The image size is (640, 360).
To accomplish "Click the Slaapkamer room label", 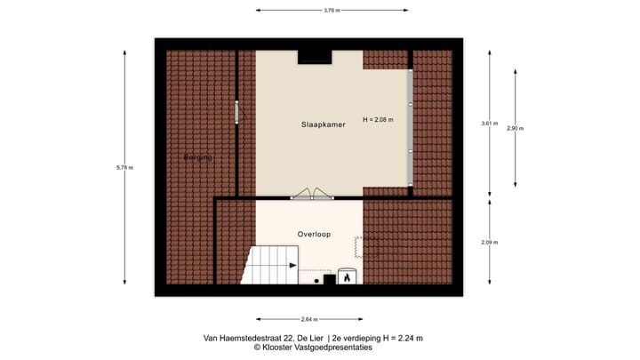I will pos(323,125).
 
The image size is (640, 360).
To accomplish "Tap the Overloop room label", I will pos(314,235).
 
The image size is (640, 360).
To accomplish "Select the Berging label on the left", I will pos(198,157).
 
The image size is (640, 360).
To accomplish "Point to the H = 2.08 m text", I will pos(378,119).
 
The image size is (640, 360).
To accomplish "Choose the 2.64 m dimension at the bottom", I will pos(308,318).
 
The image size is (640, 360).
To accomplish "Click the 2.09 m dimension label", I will pos(489,243).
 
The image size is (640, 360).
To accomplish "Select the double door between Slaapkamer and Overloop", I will pos(310,194).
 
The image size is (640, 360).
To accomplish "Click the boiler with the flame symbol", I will pos(346,277).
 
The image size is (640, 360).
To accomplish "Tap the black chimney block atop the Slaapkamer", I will pos(314,57).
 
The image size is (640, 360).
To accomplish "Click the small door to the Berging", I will pos(237,113).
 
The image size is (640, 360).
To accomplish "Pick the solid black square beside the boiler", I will pos(329,280).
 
